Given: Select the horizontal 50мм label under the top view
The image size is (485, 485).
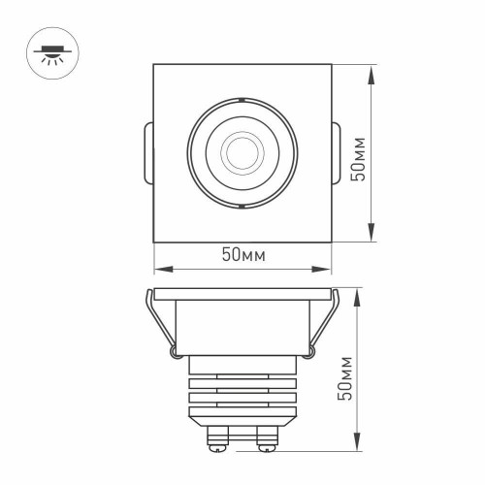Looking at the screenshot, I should [242, 255].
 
